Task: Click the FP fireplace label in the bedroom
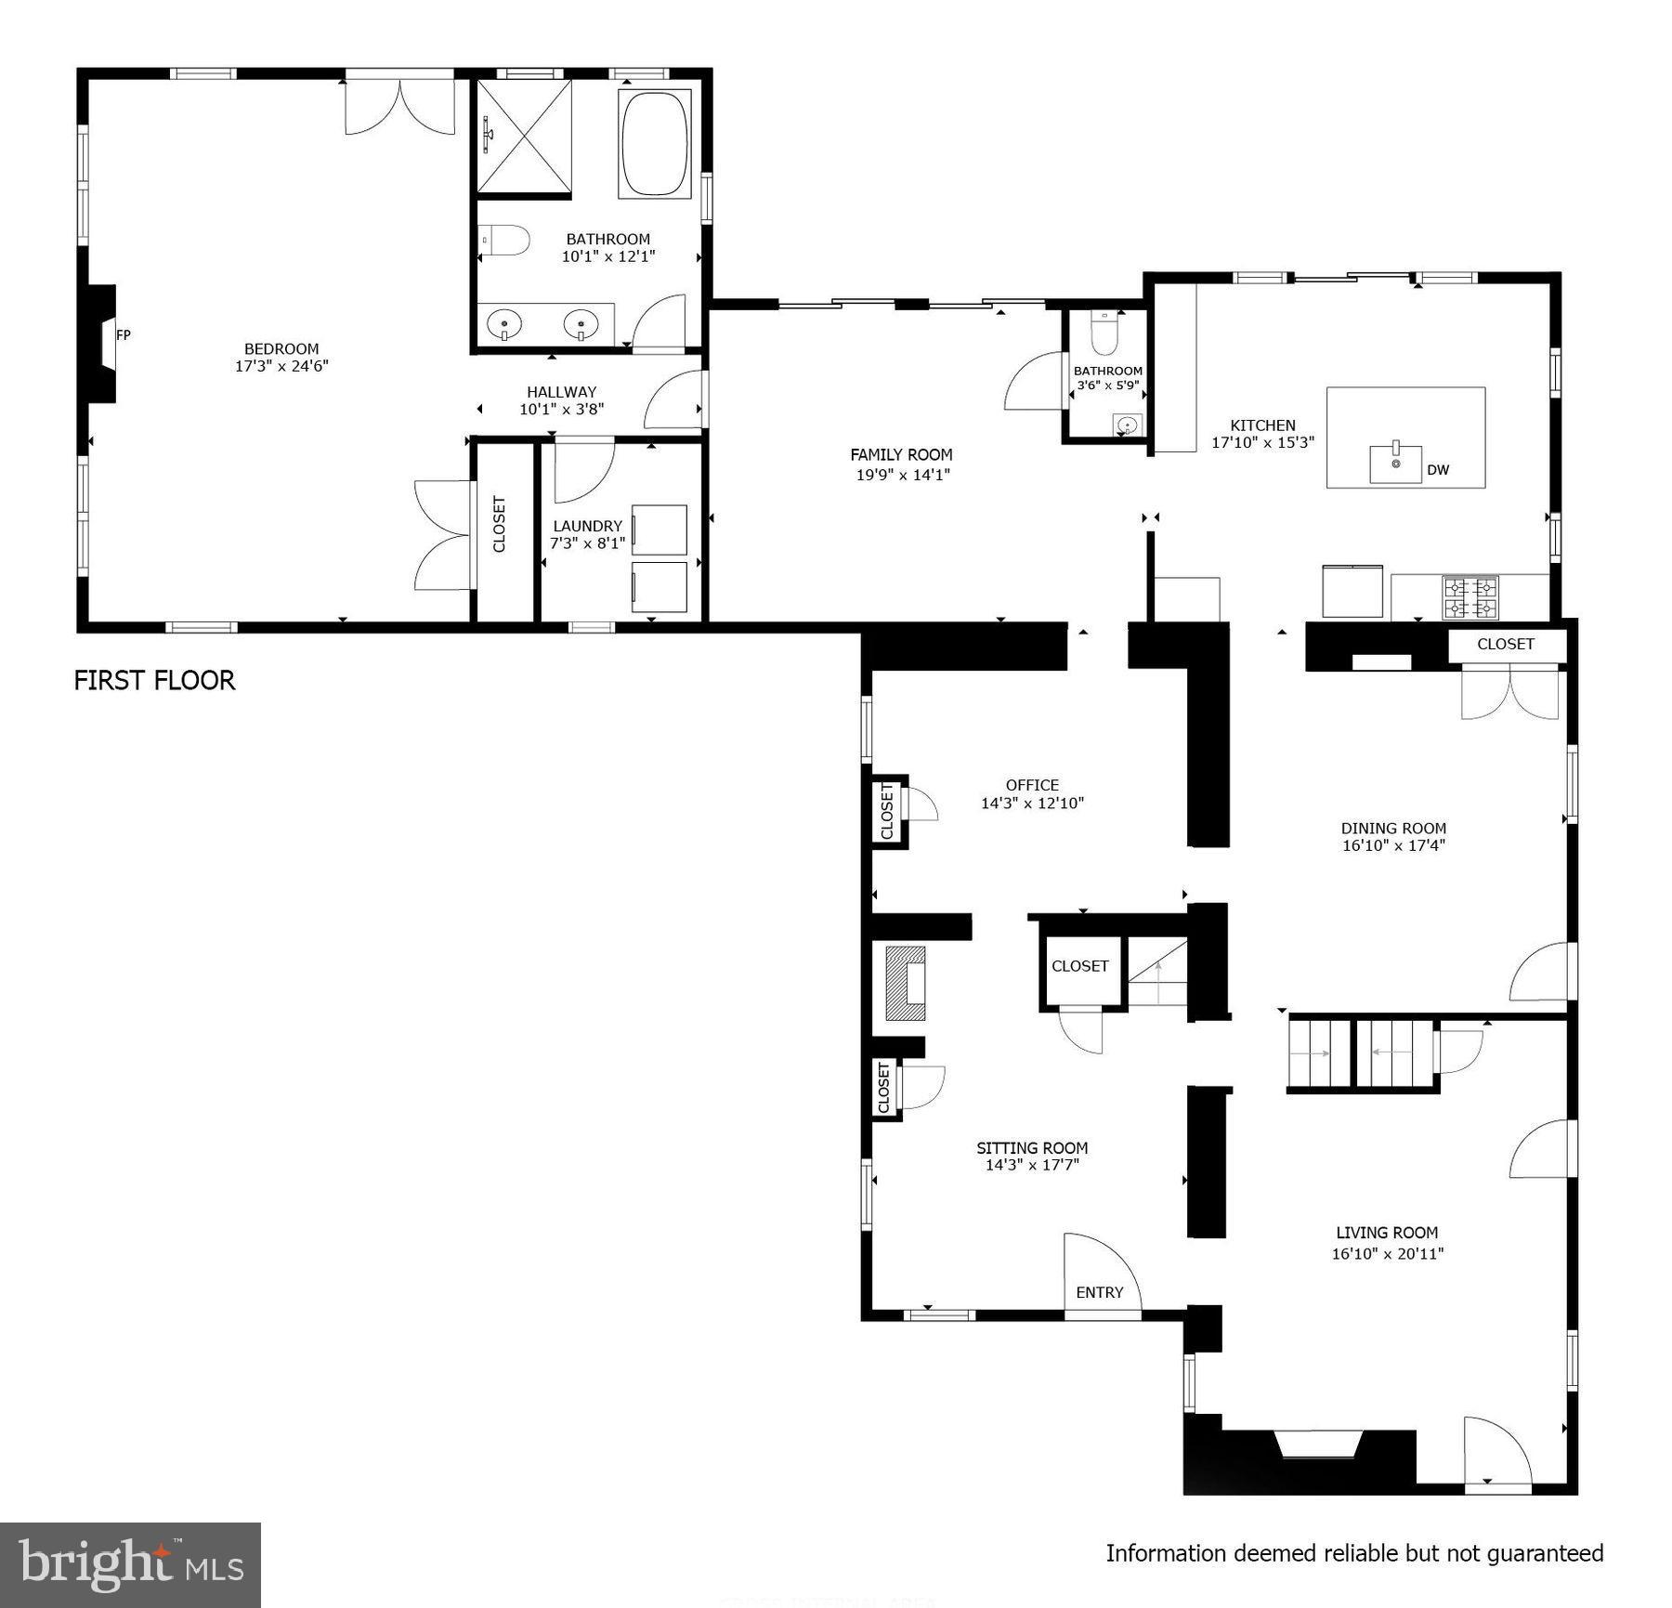click(x=123, y=334)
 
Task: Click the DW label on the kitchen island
click(x=1437, y=470)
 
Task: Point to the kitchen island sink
click(x=1395, y=463)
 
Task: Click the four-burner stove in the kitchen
click(x=1470, y=597)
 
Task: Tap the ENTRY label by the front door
click(x=1099, y=1292)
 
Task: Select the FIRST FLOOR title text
click(x=154, y=680)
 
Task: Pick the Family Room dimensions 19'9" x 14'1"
click(x=901, y=474)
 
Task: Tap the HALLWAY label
click(x=561, y=392)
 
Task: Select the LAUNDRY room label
click(x=587, y=526)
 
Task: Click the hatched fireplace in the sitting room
click(x=906, y=984)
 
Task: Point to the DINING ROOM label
click(x=1393, y=828)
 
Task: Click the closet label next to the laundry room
click(x=499, y=525)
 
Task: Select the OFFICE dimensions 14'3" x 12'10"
click(x=1032, y=803)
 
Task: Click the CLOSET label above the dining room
click(x=1505, y=644)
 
